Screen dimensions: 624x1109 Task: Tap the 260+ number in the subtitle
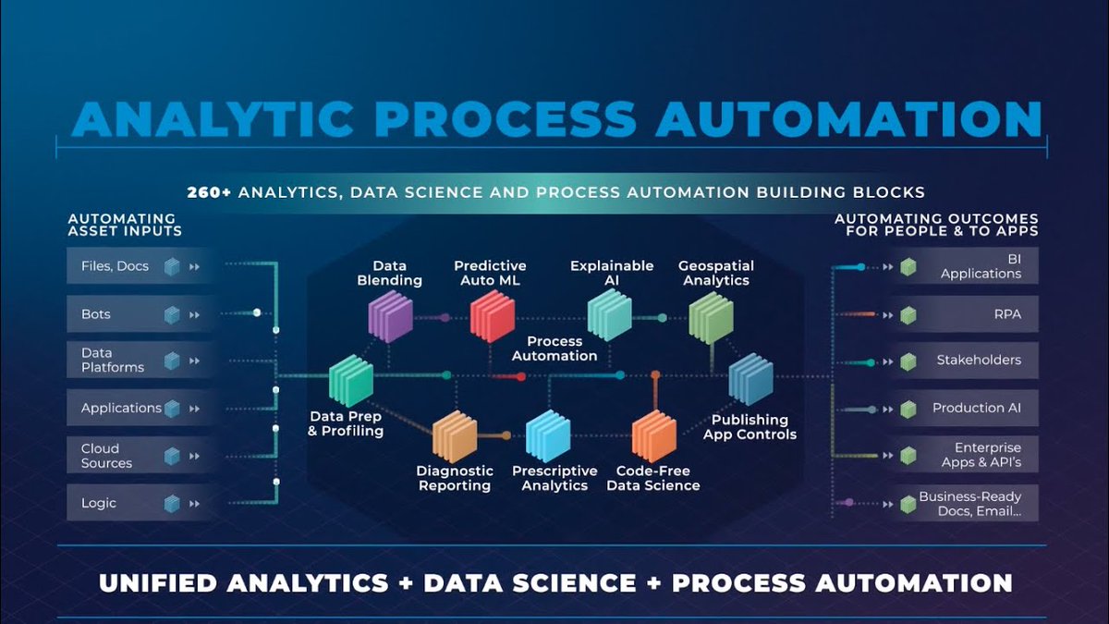coord(210,192)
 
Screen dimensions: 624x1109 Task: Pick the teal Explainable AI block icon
coord(609,313)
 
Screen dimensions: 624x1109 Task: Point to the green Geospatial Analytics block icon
coord(711,317)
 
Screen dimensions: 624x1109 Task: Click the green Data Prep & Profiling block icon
coord(351,381)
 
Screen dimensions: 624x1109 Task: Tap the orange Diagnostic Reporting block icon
coord(454,436)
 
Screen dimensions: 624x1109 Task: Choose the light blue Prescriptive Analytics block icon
coord(548,434)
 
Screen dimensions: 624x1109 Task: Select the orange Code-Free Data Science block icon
coord(653,435)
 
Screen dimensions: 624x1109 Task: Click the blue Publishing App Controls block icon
coord(749,380)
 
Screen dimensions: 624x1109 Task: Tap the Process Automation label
coord(554,349)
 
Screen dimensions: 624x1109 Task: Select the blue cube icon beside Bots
coord(172,315)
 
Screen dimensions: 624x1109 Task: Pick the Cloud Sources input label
coord(106,456)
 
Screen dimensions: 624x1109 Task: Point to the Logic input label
coord(99,503)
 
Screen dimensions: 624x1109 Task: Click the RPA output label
coord(1007,314)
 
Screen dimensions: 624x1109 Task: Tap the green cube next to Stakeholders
coord(908,361)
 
